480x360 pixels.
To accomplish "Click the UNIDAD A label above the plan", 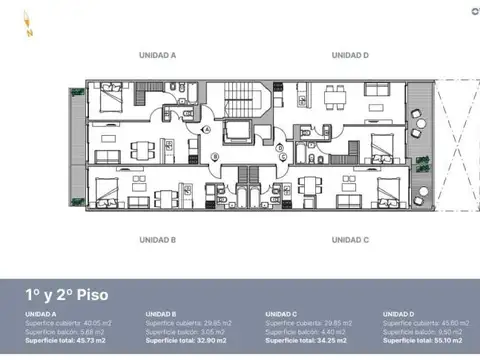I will (x=158, y=55).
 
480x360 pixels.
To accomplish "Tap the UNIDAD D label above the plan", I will (x=350, y=55).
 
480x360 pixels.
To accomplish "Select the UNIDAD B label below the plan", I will (x=158, y=239).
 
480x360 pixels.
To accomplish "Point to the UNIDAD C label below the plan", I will (x=350, y=239).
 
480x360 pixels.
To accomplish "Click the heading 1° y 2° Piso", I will (x=67, y=295).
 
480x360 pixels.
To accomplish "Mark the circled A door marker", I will (x=207, y=128).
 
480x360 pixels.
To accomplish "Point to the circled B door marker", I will (x=216, y=156).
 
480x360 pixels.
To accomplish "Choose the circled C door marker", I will (x=283, y=156).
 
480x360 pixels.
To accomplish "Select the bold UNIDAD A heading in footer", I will (x=40, y=314).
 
